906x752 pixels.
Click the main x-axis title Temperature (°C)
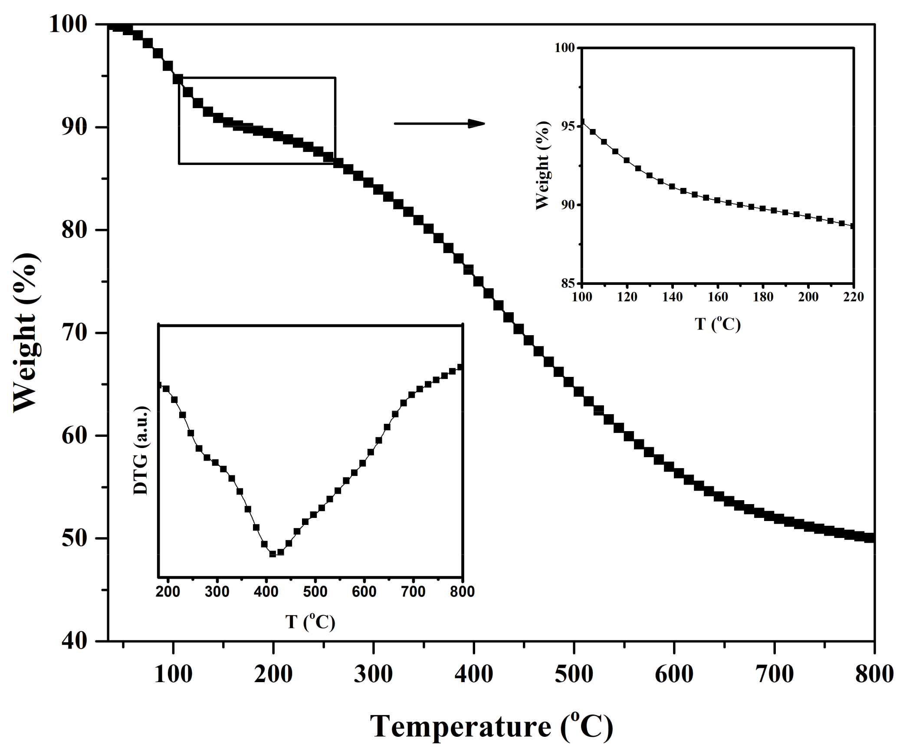pyautogui.click(x=491, y=726)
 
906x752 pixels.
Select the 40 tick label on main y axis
pyautogui.click(x=74, y=641)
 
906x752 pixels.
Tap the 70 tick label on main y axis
pyautogui.click(x=74, y=333)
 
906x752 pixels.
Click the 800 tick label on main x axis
pyautogui.click(x=874, y=674)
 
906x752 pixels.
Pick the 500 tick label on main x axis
pyautogui.click(x=574, y=674)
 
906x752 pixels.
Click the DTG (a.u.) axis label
pyautogui.click(x=141, y=451)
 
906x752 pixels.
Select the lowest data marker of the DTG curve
pyautogui.click(x=272, y=554)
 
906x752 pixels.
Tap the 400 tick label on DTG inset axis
pyautogui.click(x=266, y=592)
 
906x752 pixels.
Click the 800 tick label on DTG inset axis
pyautogui.click(x=462, y=592)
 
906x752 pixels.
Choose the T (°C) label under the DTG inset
pyautogui.click(x=310, y=622)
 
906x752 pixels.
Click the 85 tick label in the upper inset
pyautogui.click(x=567, y=284)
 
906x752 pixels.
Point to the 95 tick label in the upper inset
pyautogui.click(x=567, y=126)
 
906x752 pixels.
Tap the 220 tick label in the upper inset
pyautogui.click(x=853, y=297)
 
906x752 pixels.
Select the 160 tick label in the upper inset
pyautogui.click(x=718, y=297)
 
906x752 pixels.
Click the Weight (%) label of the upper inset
pyautogui.click(x=543, y=165)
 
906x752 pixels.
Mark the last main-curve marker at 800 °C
pyautogui.click(x=869, y=538)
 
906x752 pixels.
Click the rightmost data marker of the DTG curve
pyautogui.click(x=460, y=367)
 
